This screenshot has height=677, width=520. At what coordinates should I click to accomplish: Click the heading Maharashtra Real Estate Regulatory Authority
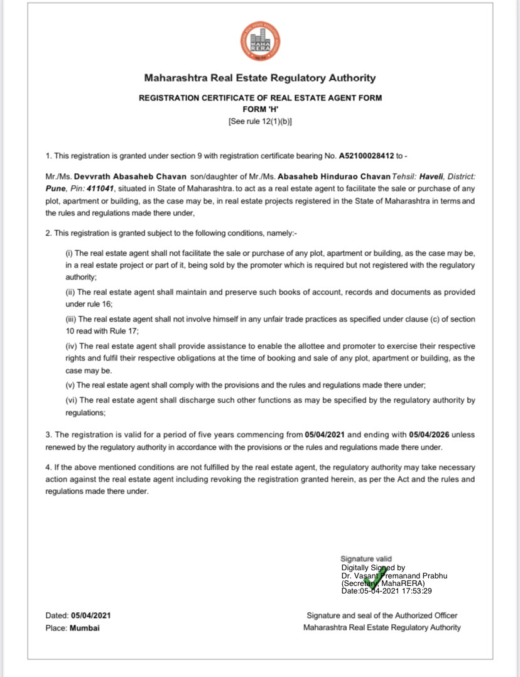point(260,78)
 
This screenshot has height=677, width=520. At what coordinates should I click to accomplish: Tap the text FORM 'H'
point(260,109)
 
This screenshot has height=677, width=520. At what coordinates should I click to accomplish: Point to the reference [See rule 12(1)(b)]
point(260,121)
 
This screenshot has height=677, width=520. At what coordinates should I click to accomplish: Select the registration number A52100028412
point(366,155)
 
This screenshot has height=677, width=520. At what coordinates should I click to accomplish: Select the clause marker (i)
point(69,252)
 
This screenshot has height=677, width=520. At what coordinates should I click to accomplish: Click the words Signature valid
point(366,559)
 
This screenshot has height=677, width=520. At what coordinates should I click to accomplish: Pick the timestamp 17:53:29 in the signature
point(414,590)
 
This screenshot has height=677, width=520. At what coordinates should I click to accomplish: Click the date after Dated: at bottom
point(91,615)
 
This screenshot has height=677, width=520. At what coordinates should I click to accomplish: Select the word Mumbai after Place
point(84,627)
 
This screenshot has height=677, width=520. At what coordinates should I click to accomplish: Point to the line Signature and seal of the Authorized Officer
point(382,615)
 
